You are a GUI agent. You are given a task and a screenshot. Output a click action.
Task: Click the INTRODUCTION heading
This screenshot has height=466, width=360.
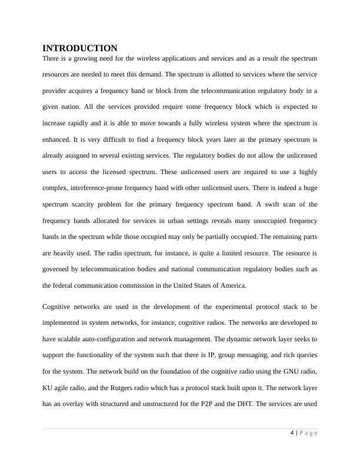tap(80, 48)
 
